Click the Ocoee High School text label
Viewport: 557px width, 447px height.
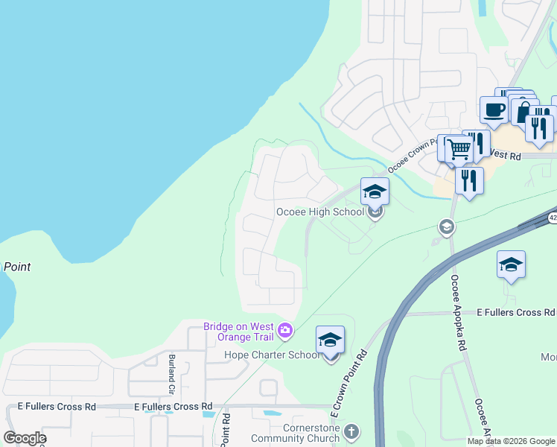point(319,212)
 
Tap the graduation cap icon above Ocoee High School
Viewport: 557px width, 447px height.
point(375,192)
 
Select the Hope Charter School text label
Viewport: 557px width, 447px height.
point(273,355)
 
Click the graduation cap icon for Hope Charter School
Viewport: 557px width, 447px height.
point(330,340)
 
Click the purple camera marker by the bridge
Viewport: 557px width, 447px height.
point(284,330)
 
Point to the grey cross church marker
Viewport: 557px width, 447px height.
point(351,432)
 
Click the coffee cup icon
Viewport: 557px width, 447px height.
point(494,110)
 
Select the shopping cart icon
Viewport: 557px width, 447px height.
point(459,149)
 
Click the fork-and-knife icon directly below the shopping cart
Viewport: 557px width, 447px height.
point(468,180)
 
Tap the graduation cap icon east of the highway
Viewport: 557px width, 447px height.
point(511,264)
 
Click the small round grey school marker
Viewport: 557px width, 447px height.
point(446,227)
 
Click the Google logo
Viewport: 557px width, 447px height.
point(25,438)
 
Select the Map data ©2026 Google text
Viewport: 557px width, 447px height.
point(511,441)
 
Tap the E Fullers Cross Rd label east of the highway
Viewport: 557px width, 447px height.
point(516,312)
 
